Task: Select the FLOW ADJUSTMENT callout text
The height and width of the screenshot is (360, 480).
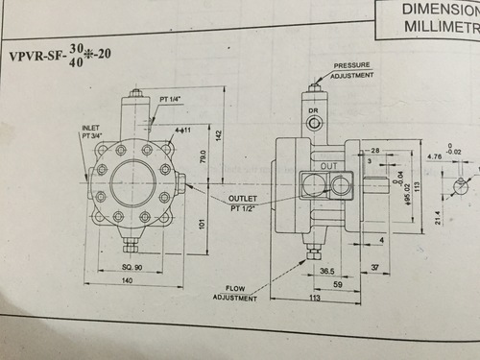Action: (x=242, y=293)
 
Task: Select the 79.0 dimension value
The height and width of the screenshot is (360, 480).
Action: (x=203, y=156)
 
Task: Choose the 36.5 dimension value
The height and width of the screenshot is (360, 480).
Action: (x=326, y=271)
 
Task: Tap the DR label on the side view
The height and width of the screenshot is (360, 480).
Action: (x=313, y=111)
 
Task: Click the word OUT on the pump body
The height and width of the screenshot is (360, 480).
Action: (x=328, y=166)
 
